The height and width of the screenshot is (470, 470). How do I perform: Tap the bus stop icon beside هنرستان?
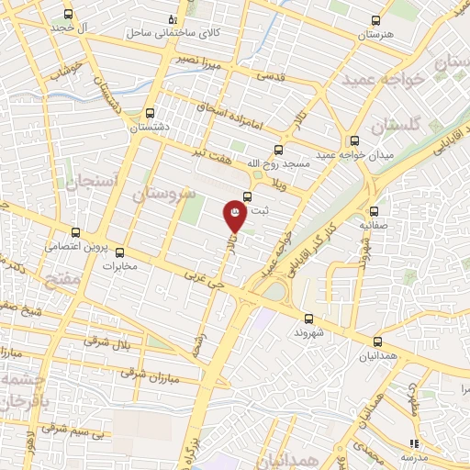click(x=375, y=20)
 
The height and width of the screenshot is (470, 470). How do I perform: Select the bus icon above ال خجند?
click(x=69, y=15)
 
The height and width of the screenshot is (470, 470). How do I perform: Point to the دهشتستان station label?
click(x=148, y=129)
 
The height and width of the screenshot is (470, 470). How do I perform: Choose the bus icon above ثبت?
click(x=248, y=196)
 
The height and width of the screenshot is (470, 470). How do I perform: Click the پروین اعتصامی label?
click(x=67, y=247)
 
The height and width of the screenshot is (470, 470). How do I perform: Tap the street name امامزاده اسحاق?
click(x=230, y=115)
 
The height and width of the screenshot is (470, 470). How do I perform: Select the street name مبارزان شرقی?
click(x=145, y=375)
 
